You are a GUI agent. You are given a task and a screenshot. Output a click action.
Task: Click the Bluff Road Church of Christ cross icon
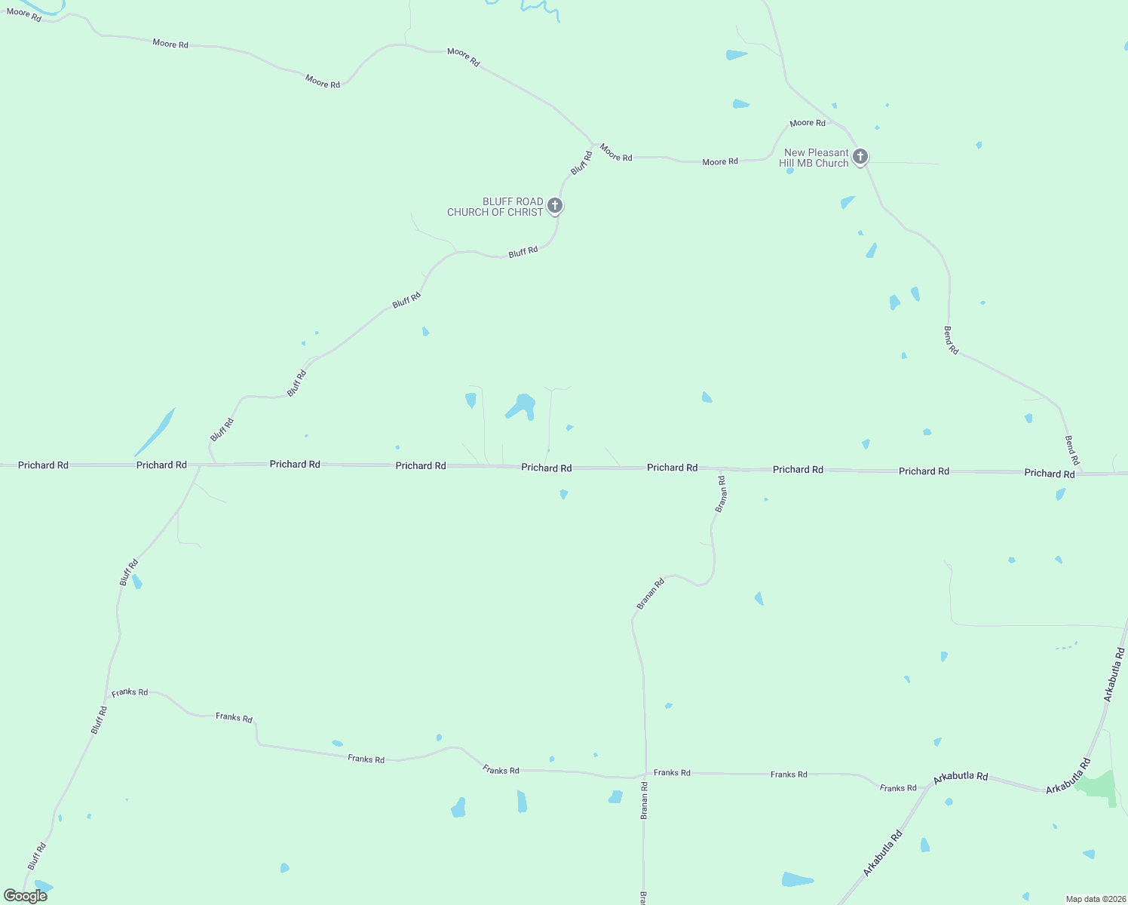(555, 205)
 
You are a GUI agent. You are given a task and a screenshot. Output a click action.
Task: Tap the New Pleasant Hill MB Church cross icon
(860, 157)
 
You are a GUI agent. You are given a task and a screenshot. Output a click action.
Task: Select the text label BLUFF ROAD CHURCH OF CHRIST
(495, 207)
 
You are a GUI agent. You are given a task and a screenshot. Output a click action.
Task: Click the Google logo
(25, 896)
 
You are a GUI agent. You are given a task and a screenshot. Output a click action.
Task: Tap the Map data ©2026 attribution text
(1094, 899)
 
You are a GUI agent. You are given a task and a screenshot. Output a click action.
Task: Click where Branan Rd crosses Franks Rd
(645, 774)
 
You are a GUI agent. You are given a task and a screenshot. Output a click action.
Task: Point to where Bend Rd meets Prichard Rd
(1084, 474)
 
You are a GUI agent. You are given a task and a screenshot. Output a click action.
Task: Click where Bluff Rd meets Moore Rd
(594, 143)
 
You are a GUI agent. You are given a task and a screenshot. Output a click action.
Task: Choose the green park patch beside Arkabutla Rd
(1098, 786)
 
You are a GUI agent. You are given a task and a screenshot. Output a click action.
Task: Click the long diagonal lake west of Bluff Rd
(155, 432)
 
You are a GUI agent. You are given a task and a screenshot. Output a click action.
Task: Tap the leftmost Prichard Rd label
(43, 465)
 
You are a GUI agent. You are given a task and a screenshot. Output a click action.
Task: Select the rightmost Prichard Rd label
(1049, 474)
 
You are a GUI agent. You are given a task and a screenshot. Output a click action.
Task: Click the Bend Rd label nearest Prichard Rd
(1071, 449)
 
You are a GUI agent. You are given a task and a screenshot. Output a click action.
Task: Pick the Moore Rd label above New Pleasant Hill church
(808, 123)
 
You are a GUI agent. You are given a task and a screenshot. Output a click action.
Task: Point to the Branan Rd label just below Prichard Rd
(721, 495)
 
